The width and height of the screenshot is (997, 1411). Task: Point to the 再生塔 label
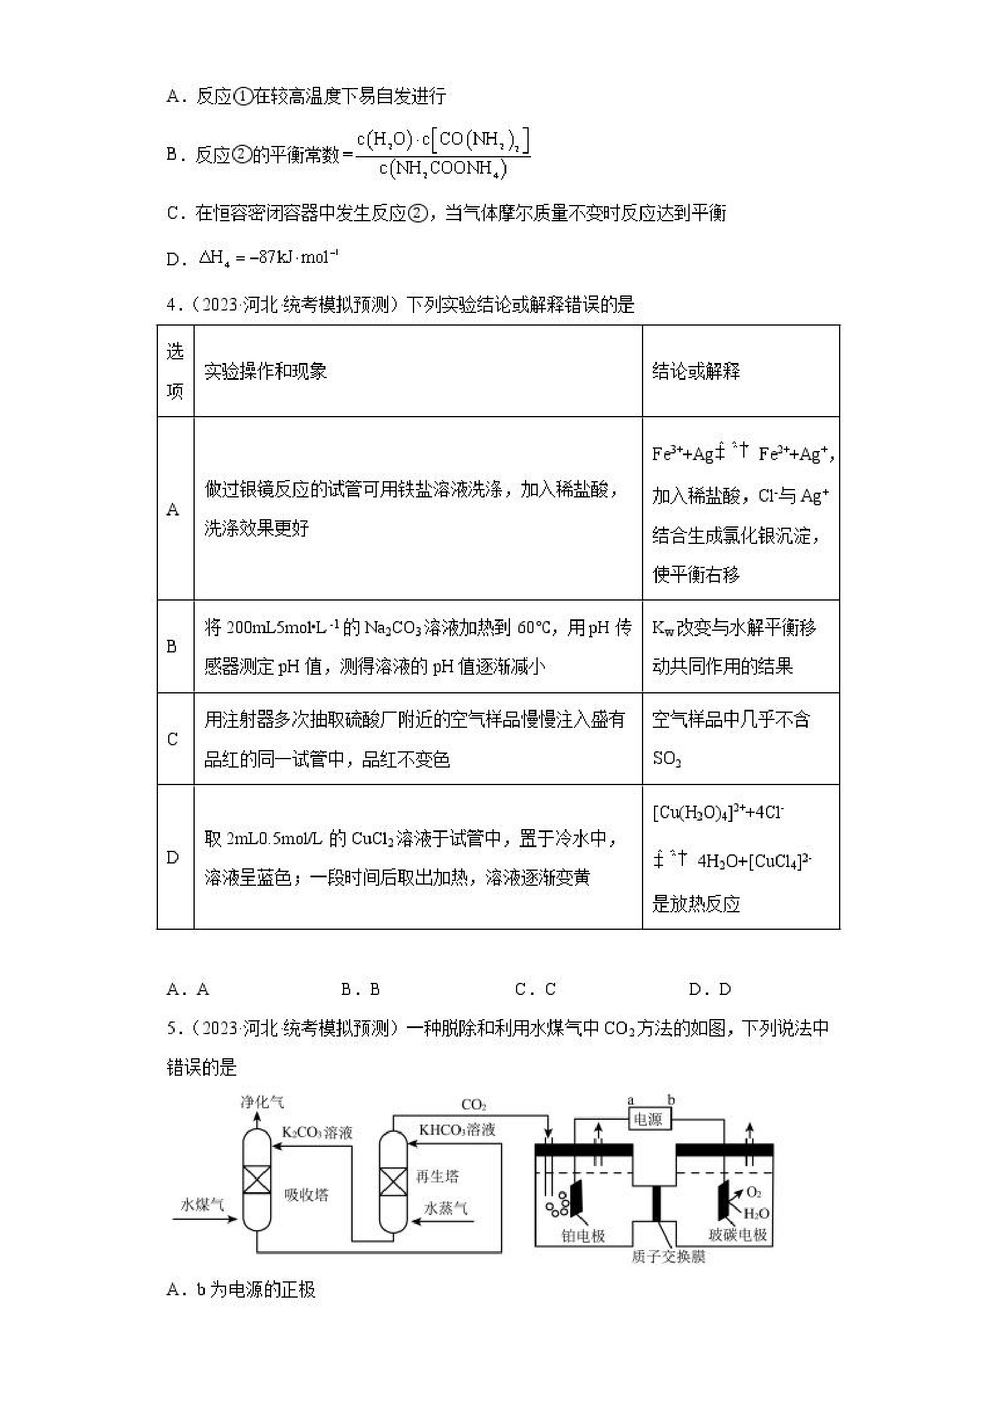click(x=437, y=1176)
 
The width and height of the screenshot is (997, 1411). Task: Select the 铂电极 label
click(x=583, y=1235)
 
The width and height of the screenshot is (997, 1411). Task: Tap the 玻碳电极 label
click(x=737, y=1235)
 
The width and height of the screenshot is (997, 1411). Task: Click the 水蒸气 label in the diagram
click(x=446, y=1208)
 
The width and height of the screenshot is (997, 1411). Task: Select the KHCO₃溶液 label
click(x=457, y=1129)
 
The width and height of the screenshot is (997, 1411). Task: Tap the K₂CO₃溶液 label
click(x=317, y=1132)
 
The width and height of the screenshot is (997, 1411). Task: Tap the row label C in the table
click(x=172, y=739)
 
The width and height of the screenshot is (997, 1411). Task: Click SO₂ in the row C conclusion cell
click(x=667, y=759)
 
